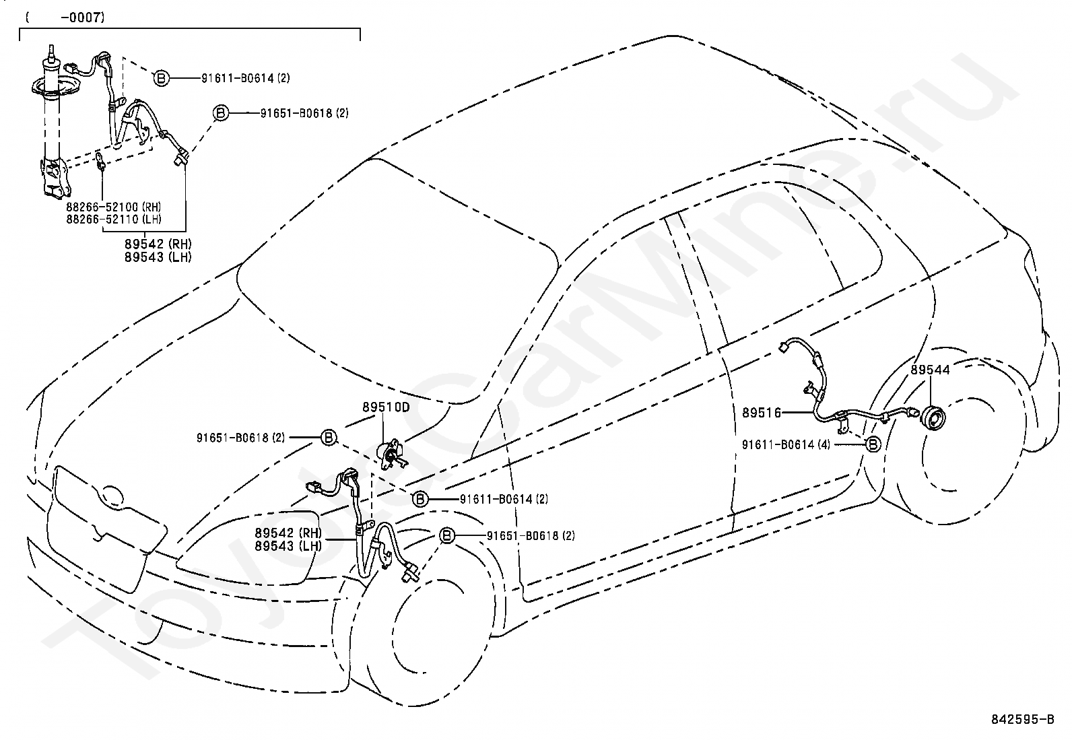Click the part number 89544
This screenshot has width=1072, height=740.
[x=930, y=370]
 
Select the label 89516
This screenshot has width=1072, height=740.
[x=762, y=412]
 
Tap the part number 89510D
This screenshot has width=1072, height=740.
[x=387, y=407]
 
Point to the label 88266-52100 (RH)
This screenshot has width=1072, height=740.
[x=114, y=207]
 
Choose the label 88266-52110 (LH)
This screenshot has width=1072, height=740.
[x=114, y=220]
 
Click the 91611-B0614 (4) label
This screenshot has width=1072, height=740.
[x=786, y=444]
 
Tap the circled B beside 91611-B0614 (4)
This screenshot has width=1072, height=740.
[x=873, y=444]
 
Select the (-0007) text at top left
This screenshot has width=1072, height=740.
[x=65, y=18]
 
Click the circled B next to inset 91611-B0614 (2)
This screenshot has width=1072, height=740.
[x=162, y=78]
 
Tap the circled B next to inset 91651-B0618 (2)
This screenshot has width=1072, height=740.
[x=221, y=113]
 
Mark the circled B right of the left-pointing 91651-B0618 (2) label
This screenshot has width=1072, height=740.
[x=329, y=438]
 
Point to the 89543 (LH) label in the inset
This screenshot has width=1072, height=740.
[x=158, y=257]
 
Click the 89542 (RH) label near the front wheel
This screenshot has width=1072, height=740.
[x=288, y=533]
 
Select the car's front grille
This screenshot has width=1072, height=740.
[x=106, y=527]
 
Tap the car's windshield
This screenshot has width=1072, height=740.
[x=397, y=282]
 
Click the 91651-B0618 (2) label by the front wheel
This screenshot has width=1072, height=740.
[x=531, y=535]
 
